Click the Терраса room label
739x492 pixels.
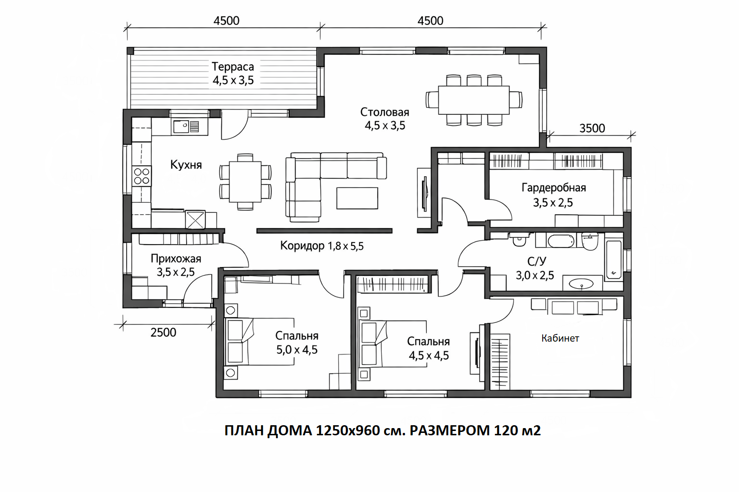tap(232, 67)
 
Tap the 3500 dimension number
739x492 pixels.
tap(592, 128)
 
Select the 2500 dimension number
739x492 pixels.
tap(163, 332)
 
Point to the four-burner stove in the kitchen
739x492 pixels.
tap(141, 176)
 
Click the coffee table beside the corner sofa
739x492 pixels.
tap(357, 198)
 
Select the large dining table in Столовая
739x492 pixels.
tap(474, 100)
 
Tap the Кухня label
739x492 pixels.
tap(186, 164)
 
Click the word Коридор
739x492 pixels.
tap(302, 246)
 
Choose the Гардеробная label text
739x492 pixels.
tap(554, 188)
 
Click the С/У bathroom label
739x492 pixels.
tap(537, 261)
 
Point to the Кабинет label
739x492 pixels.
tap(560, 338)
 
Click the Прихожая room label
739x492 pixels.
tap(176, 258)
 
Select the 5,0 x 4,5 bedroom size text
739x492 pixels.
tap(297, 350)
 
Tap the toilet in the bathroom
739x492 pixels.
tap(589, 241)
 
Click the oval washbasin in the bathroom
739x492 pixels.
tap(581, 283)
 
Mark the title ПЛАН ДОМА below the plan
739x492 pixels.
tap(268, 430)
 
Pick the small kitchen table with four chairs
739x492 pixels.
tap(245, 182)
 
